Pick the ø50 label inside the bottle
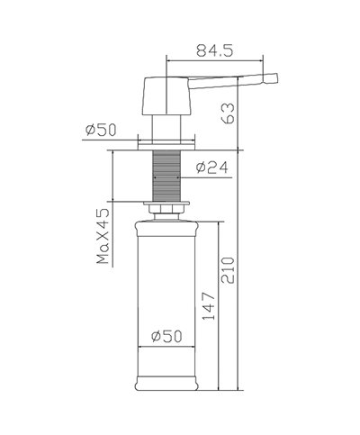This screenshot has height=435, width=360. click(x=166, y=335)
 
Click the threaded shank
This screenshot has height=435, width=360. click(x=166, y=176)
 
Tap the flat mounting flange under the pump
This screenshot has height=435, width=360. click(x=166, y=141)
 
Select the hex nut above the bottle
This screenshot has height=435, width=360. click(x=166, y=212)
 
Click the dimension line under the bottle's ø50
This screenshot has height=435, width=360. click(x=166, y=347)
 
